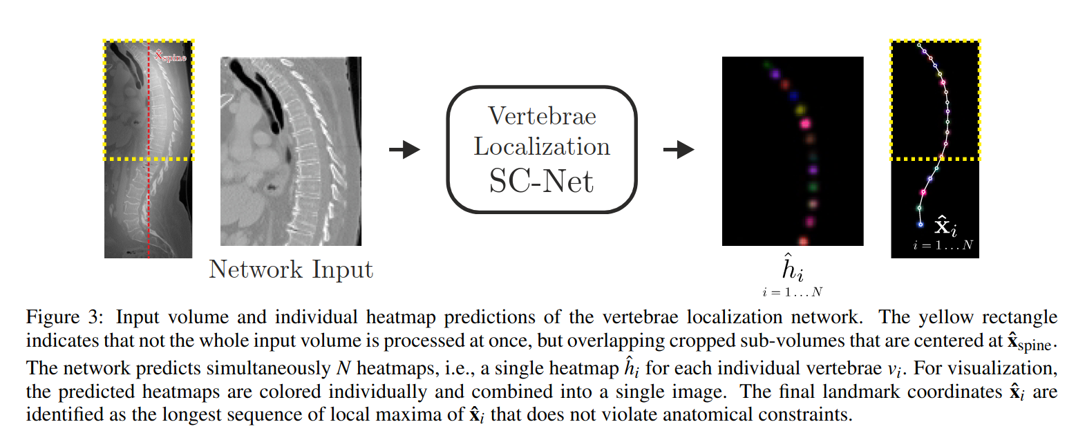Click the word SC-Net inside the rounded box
[x=541, y=181]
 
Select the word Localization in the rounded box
[x=542, y=147]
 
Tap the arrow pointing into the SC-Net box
[x=404, y=150]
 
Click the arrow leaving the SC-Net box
[x=678, y=150]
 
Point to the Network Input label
[x=291, y=269]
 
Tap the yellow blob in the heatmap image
[x=802, y=110]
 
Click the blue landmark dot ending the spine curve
[x=920, y=224]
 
